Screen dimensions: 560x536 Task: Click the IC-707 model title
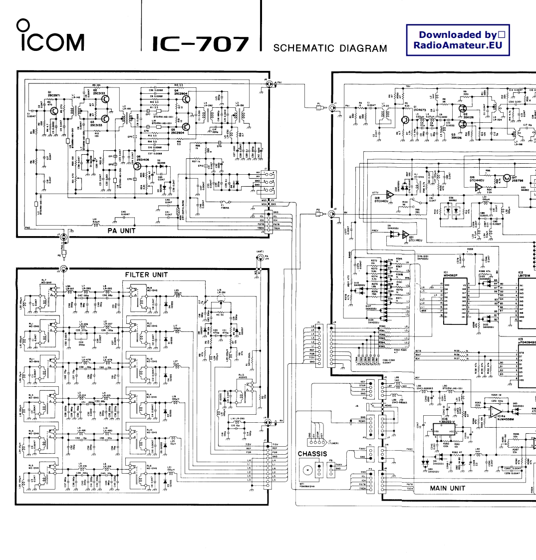point(200,44)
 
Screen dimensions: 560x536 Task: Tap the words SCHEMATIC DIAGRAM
point(330,48)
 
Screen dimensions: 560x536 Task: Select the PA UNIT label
point(121,231)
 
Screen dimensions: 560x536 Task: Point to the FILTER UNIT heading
point(146,275)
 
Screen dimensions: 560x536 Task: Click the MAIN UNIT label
point(448,488)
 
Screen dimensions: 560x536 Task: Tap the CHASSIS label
point(312,454)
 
